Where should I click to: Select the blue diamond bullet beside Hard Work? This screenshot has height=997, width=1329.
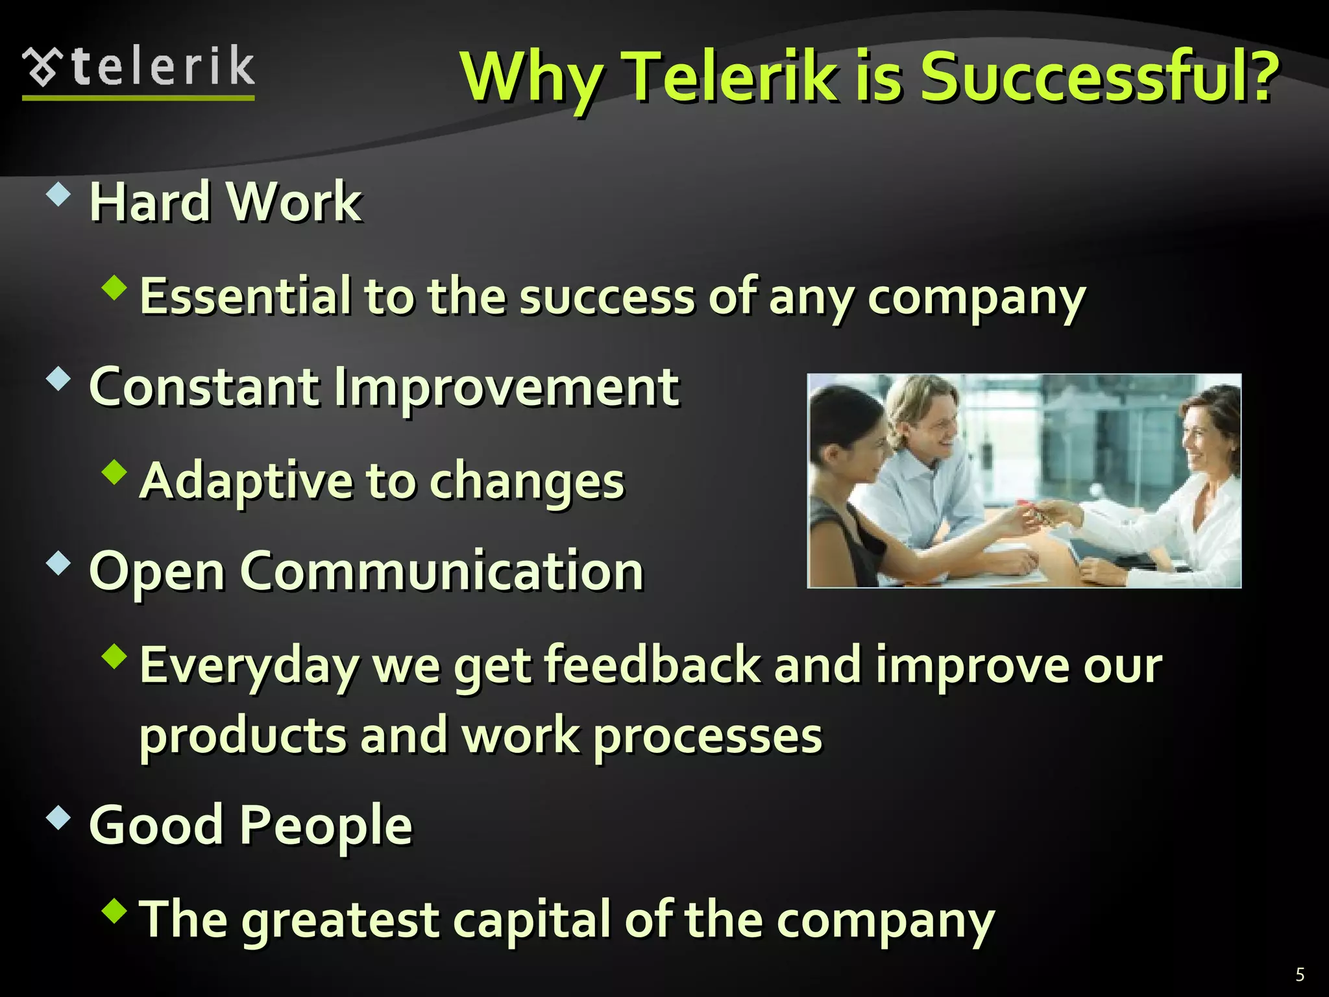[x=58, y=194]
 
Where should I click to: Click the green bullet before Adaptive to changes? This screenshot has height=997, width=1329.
[x=114, y=472]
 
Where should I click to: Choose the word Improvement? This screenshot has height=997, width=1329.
[x=506, y=387]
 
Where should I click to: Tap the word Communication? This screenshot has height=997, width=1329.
[x=442, y=571]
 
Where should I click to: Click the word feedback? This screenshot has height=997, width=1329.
[x=652, y=665]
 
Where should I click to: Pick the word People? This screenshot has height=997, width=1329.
[x=326, y=825]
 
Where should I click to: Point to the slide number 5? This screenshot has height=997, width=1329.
[x=1300, y=974]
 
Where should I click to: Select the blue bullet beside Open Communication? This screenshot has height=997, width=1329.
[x=58, y=563]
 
